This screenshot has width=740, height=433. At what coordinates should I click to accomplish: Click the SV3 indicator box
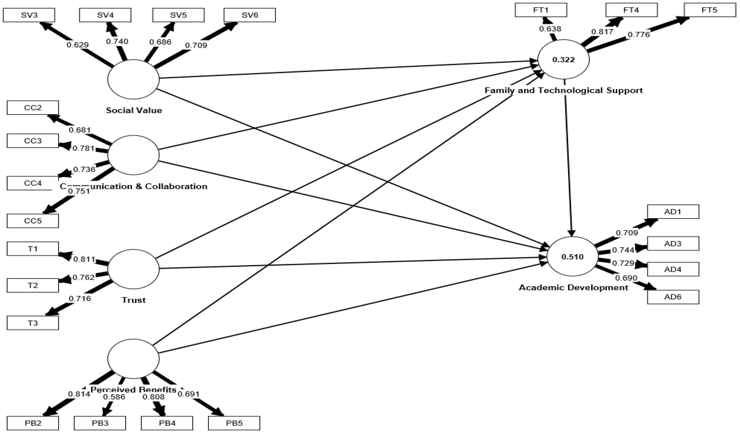(29, 15)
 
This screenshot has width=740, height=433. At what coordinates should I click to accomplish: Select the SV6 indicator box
(250, 15)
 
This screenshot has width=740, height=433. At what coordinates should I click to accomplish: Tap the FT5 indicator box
(709, 10)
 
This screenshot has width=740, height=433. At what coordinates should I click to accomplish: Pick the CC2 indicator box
(33, 107)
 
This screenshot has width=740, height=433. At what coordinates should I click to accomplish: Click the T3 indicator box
(33, 323)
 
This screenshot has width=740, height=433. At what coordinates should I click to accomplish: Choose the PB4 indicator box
(167, 423)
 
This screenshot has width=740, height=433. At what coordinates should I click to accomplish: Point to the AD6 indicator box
(673, 297)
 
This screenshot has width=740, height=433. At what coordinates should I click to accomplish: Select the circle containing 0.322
(563, 60)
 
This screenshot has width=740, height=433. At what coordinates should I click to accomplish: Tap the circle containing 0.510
(572, 256)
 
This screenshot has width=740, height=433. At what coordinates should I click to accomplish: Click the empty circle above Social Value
(133, 79)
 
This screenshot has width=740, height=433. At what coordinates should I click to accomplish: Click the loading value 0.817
(602, 32)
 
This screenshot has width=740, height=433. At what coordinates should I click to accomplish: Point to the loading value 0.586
(114, 397)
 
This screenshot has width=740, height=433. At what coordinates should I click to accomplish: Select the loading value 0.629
(77, 45)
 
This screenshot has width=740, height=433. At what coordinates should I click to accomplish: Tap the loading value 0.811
(84, 259)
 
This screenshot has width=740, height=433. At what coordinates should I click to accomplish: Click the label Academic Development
(574, 287)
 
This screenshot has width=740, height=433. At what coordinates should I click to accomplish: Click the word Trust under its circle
(134, 300)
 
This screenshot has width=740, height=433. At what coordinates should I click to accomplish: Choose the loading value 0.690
(626, 278)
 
